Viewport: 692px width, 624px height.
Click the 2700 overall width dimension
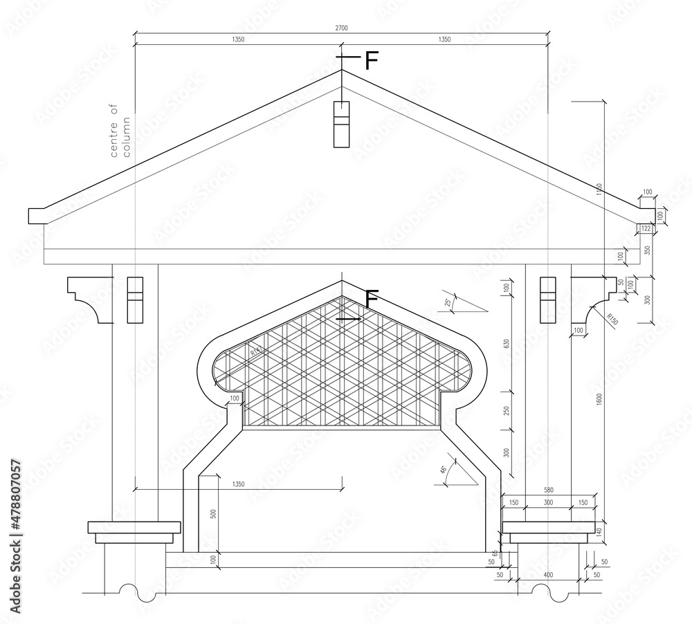pos(342,28)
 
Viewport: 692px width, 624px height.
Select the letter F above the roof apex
pos(372,61)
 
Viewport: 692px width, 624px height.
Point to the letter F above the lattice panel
pos(372,300)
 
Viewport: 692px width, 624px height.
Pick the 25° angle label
pos(448,302)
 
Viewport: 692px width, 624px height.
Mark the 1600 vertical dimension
pos(599,401)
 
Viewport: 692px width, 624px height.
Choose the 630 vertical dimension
pos(507,344)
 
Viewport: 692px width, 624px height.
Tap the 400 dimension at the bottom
pos(549,576)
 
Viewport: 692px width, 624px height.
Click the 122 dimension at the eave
pos(646,228)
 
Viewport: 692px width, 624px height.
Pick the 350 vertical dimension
pos(647,250)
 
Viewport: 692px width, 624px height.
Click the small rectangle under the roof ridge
pos(342,124)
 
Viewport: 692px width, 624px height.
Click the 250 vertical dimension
pos(507,411)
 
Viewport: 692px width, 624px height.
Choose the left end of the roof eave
pos(37,216)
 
